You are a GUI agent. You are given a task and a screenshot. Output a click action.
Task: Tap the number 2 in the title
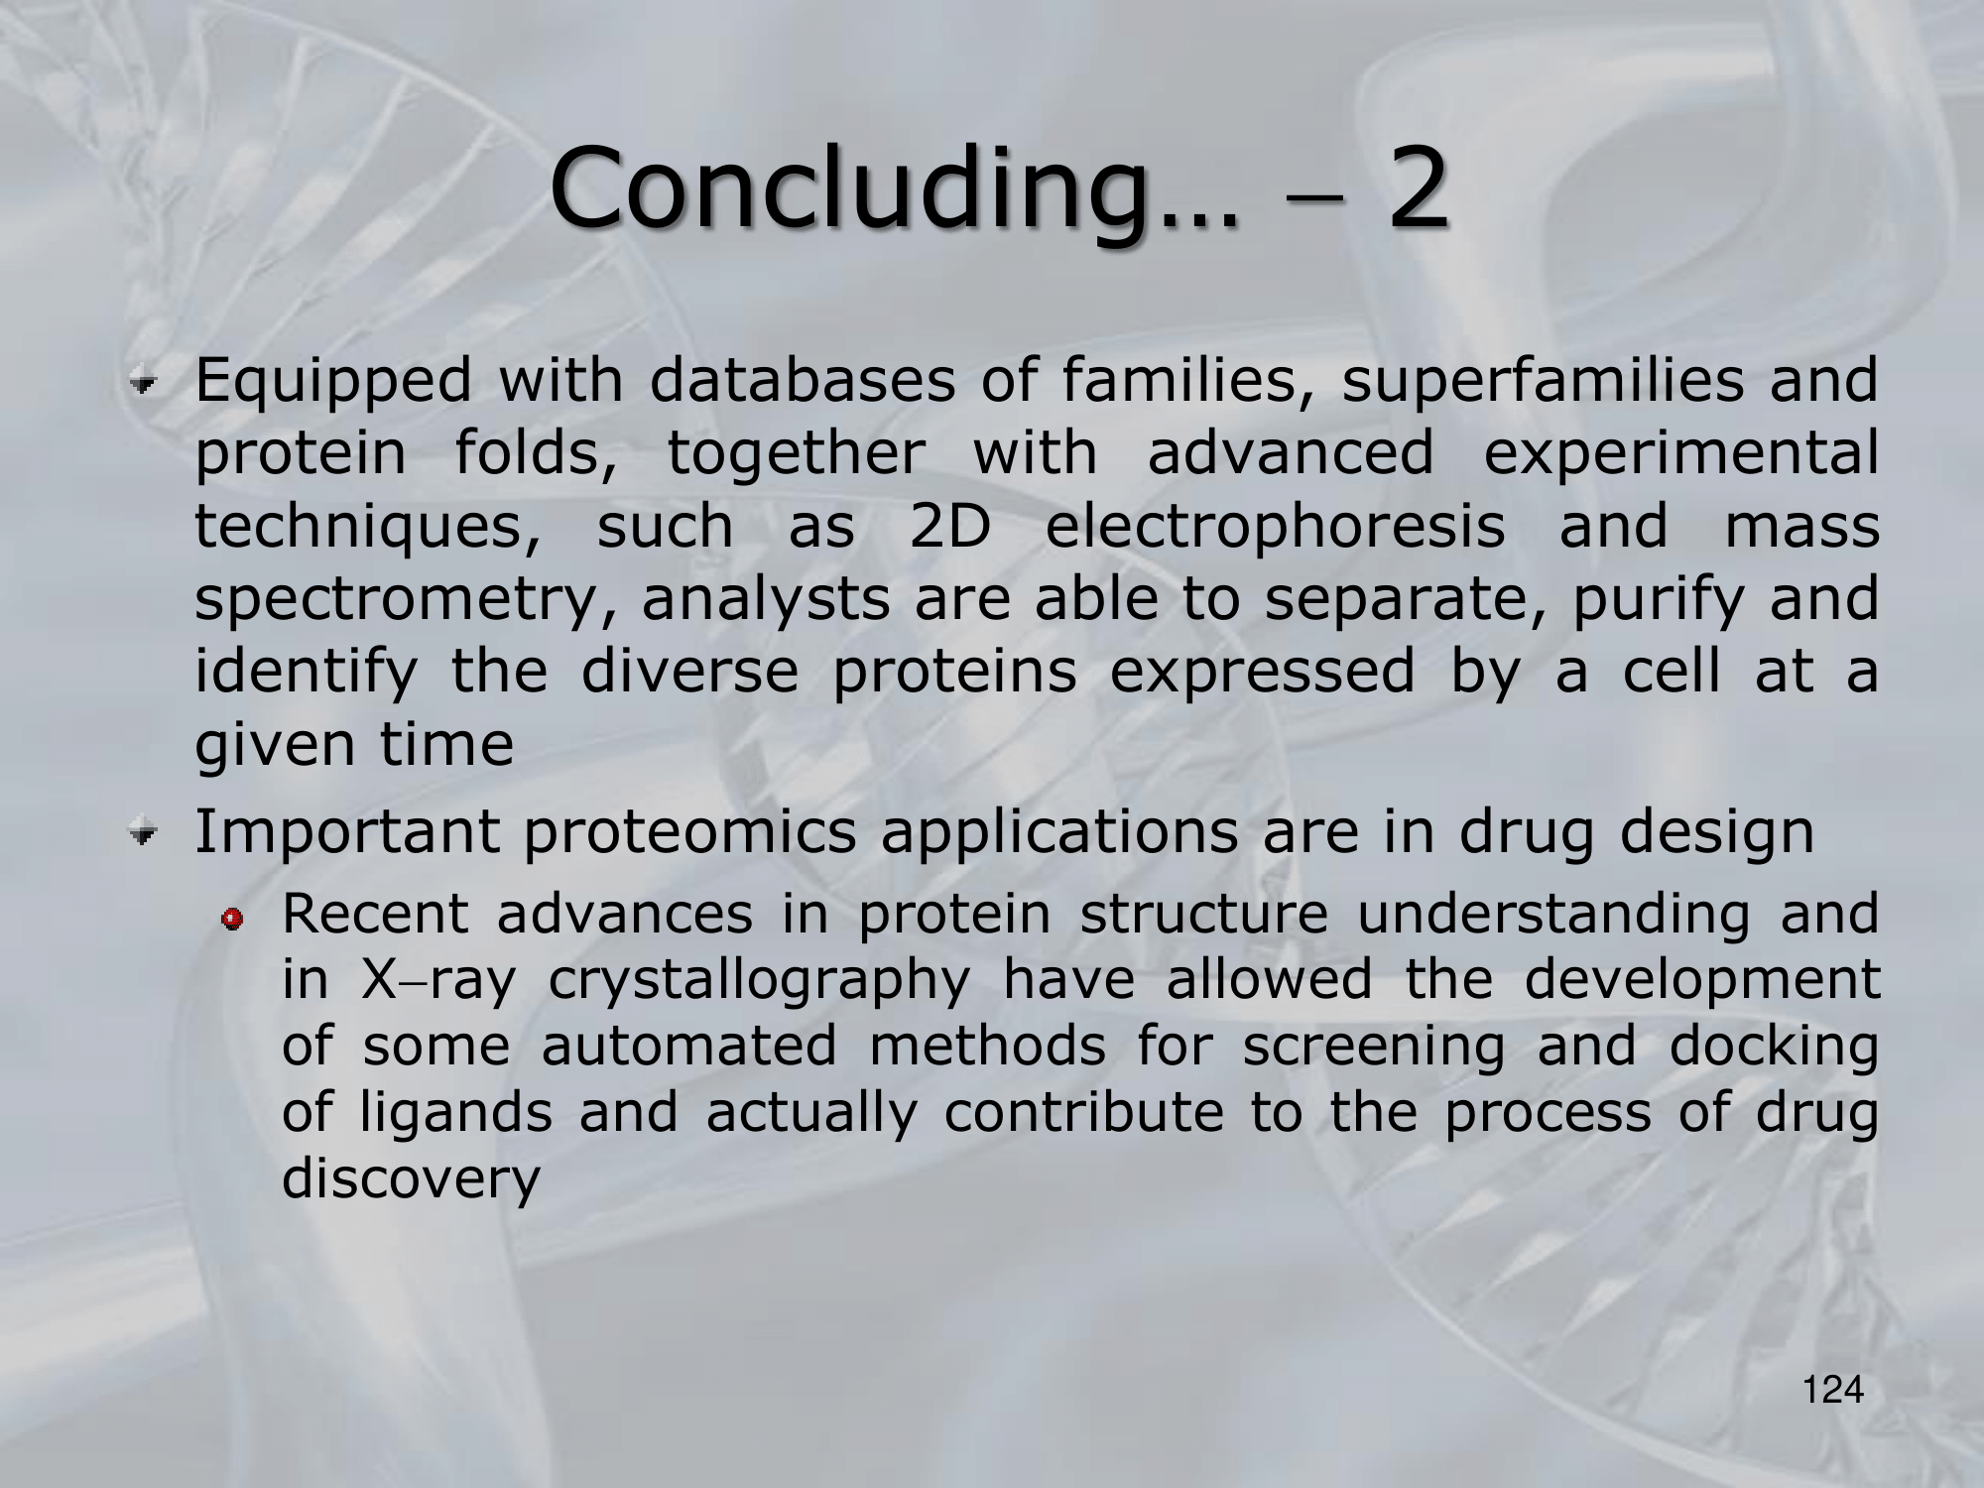1414,187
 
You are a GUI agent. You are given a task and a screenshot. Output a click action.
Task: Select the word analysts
766,600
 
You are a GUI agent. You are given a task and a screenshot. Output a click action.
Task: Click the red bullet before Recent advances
232,922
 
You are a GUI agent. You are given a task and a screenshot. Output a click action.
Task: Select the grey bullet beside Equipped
146,382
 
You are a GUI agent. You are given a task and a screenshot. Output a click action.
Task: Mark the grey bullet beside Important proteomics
146,833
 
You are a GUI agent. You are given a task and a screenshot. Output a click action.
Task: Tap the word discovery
411,1179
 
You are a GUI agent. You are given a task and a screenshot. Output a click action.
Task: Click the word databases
803,381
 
